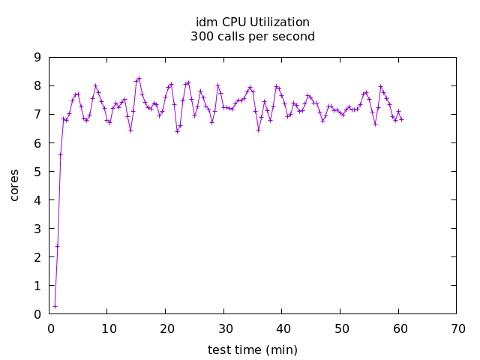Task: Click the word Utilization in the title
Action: click(278, 22)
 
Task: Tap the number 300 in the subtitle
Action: click(202, 36)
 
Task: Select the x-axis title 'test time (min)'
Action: click(253, 349)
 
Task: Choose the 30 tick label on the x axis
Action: click(224, 328)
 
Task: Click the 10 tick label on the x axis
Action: click(108, 328)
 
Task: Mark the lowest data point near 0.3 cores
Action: click(55, 306)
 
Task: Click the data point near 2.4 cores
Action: click(57, 246)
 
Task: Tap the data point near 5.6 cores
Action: click(60, 154)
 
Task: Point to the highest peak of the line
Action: click(139, 78)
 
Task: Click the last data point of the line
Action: click(401, 119)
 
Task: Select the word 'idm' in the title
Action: click(205, 22)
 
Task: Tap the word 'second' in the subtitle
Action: click(295, 36)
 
